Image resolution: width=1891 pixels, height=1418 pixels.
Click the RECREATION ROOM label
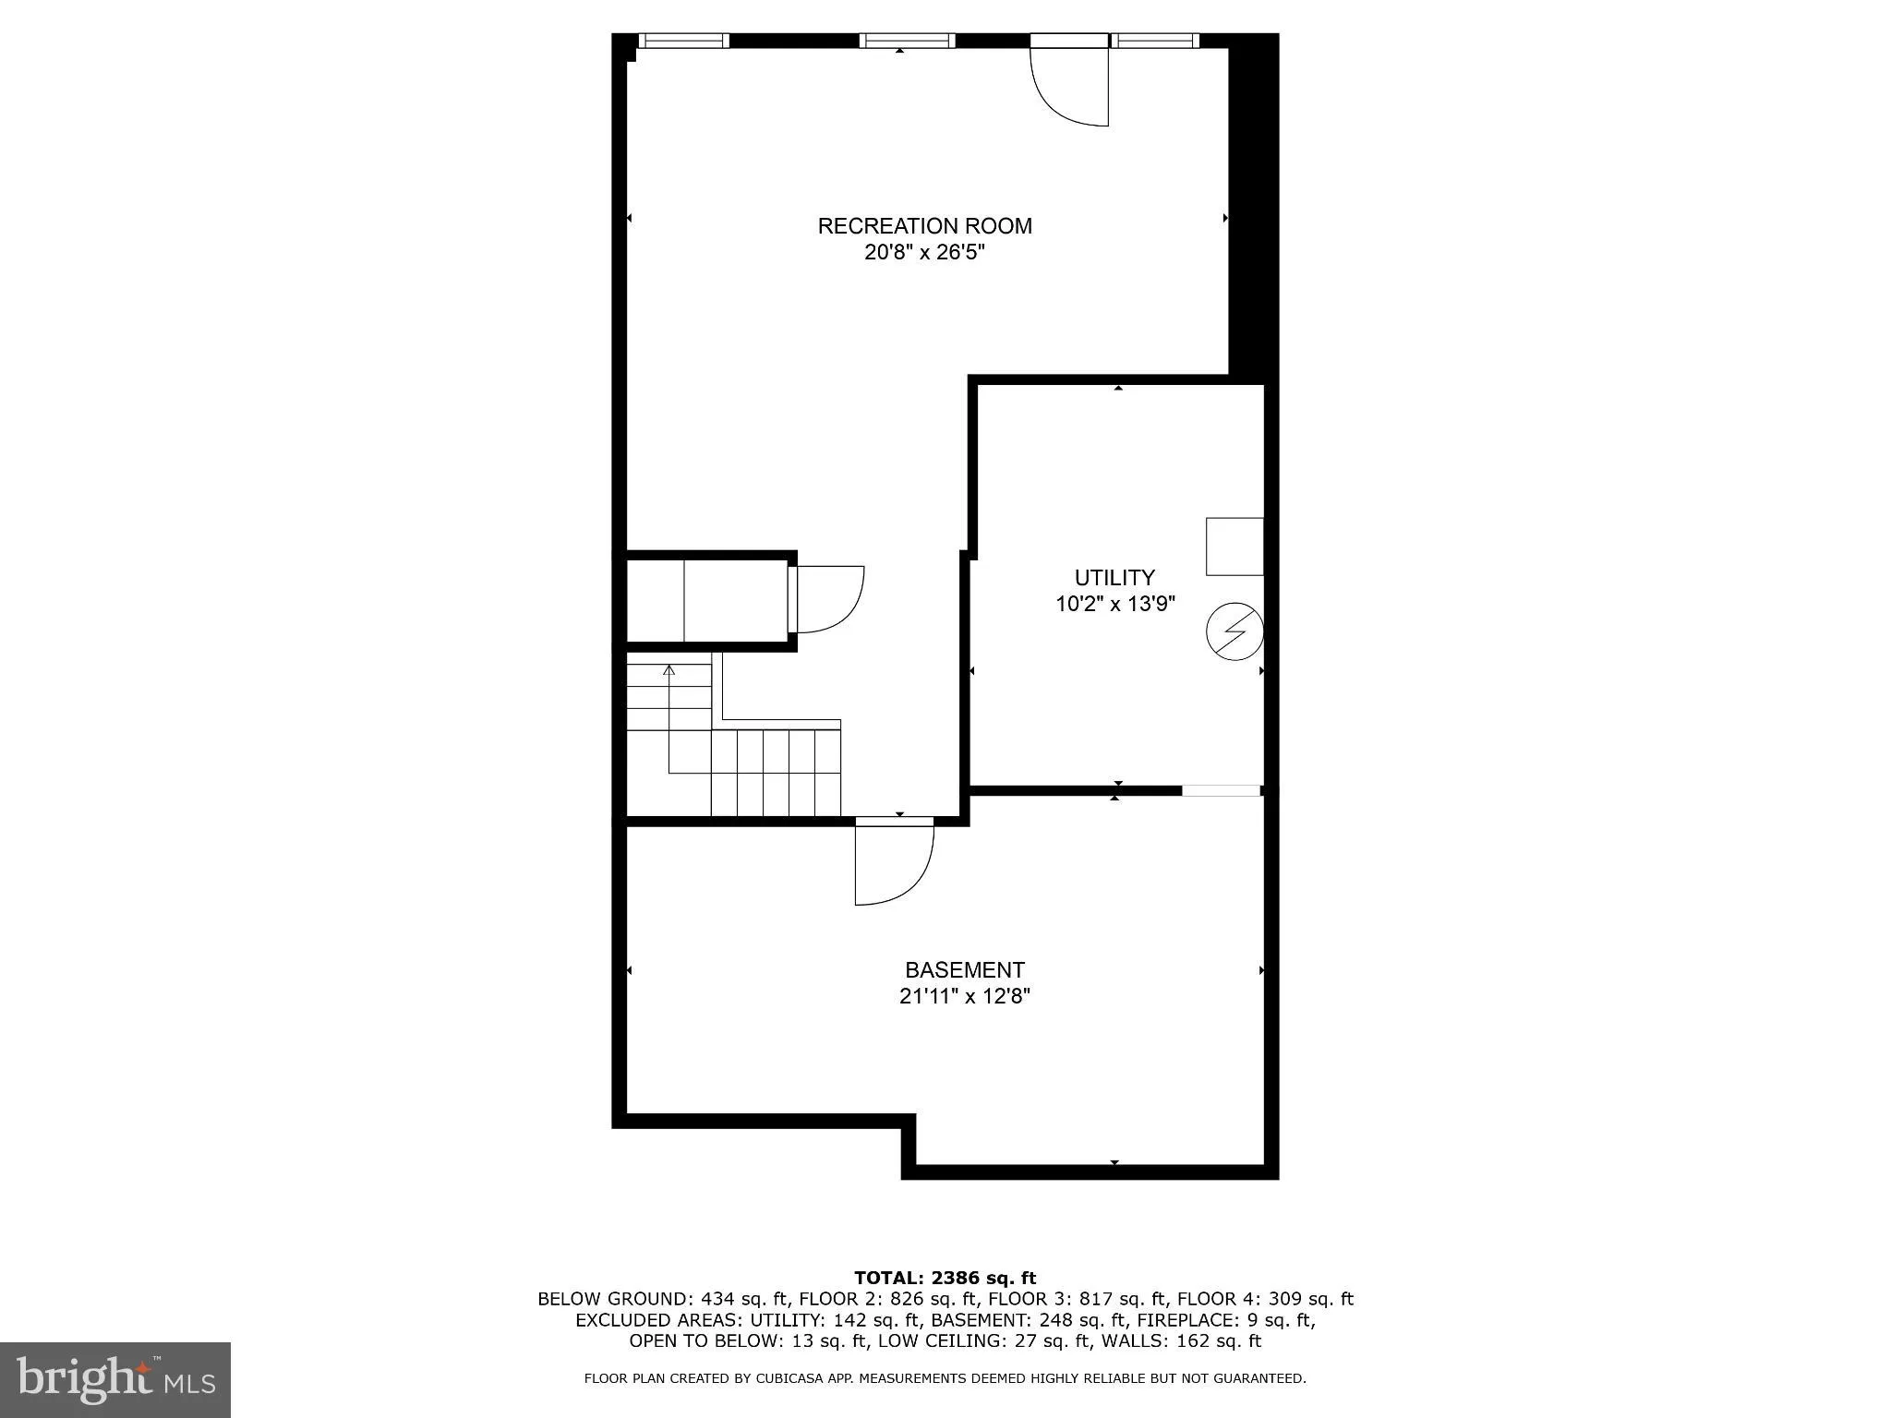tap(924, 226)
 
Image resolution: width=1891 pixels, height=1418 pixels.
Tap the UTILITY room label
tap(1114, 578)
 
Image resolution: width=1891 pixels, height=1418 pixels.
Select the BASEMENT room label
tap(964, 970)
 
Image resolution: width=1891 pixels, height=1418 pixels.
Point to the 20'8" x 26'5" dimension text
tap(924, 253)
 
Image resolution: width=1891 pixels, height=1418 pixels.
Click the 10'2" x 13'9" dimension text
tap(1114, 605)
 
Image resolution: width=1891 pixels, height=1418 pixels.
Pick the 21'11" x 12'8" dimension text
tap(964, 997)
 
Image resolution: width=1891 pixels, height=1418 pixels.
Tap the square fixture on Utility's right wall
tap(1235, 547)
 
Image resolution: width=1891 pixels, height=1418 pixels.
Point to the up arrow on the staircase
tap(669, 669)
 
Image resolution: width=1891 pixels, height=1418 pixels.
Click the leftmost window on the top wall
tap(683, 41)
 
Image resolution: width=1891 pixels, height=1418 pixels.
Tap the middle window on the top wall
tap(907, 41)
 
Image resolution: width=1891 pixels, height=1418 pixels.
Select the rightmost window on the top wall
tap(1154, 41)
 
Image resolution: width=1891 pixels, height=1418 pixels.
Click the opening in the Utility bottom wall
tap(1221, 790)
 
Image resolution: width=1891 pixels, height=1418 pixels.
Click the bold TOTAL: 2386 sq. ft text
tap(945, 1278)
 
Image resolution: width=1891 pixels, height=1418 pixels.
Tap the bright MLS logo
tap(115, 1379)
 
